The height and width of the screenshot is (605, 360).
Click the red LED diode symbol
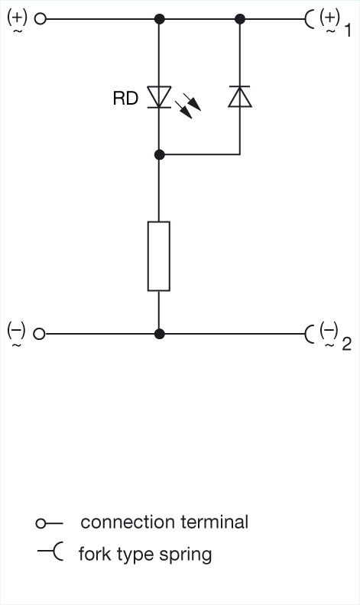(x=159, y=97)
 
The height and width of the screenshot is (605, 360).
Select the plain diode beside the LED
(x=240, y=97)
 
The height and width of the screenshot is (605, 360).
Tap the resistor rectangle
(x=159, y=256)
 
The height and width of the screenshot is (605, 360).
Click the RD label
(x=125, y=98)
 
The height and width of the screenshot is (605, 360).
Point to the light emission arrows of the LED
(x=188, y=105)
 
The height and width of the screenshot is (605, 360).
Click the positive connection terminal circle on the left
(x=40, y=18)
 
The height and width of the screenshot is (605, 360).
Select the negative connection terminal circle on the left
(x=39, y=334)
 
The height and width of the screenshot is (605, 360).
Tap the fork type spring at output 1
(x=308, y=18)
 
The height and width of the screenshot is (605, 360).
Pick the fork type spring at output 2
(x=308, y=334)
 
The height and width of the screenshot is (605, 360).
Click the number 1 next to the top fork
(x=347, y=30)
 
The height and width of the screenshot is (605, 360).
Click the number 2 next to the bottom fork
(x=346, y=344)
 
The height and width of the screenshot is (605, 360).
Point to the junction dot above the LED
(x=159, y=18)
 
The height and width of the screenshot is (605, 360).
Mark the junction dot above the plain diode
(x=240, y=18)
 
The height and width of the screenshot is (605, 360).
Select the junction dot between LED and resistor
(x=159, y=155)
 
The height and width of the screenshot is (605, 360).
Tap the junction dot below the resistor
(x=159, y=334)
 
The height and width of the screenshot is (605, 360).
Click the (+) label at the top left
(x=18, y=18)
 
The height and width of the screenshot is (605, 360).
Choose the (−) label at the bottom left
(x=16, y=332)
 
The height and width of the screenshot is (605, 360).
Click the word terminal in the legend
(x=214, y=522)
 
